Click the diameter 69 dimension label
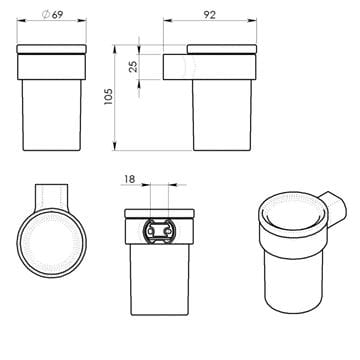(x=52, y=15)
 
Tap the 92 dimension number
(x=209, y=15)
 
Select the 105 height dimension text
(x=109, y=97)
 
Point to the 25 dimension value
(x=133, y=67)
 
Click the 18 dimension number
(x=129, y=179)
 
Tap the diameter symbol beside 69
(x=46, y=15)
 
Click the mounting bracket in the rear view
(x=159, y=231)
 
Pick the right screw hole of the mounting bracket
(x=165, y=231)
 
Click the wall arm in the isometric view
(x=335, y=209)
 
